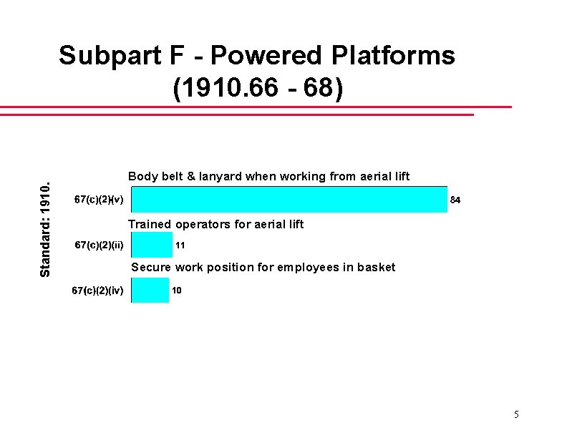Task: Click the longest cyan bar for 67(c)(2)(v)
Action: pos(289,200)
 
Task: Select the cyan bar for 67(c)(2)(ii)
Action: pos(152,245)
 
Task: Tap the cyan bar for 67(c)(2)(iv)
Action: pos(150,290)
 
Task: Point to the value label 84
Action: pos(455,200)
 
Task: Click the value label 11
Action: pos(180,245)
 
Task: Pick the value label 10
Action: pos(176,291)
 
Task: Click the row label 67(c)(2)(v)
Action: pos(100,200)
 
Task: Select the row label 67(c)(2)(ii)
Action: pos(100,245)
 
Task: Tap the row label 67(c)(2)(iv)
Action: pos(98,291)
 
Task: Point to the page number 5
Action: pos(516,415)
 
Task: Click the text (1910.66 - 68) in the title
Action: pos(258,88)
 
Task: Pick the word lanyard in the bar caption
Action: pos(221,176)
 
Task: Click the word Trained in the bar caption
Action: pos(150,224)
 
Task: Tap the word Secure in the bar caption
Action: pos(150,267)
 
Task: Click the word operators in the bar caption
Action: pos(201,224)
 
